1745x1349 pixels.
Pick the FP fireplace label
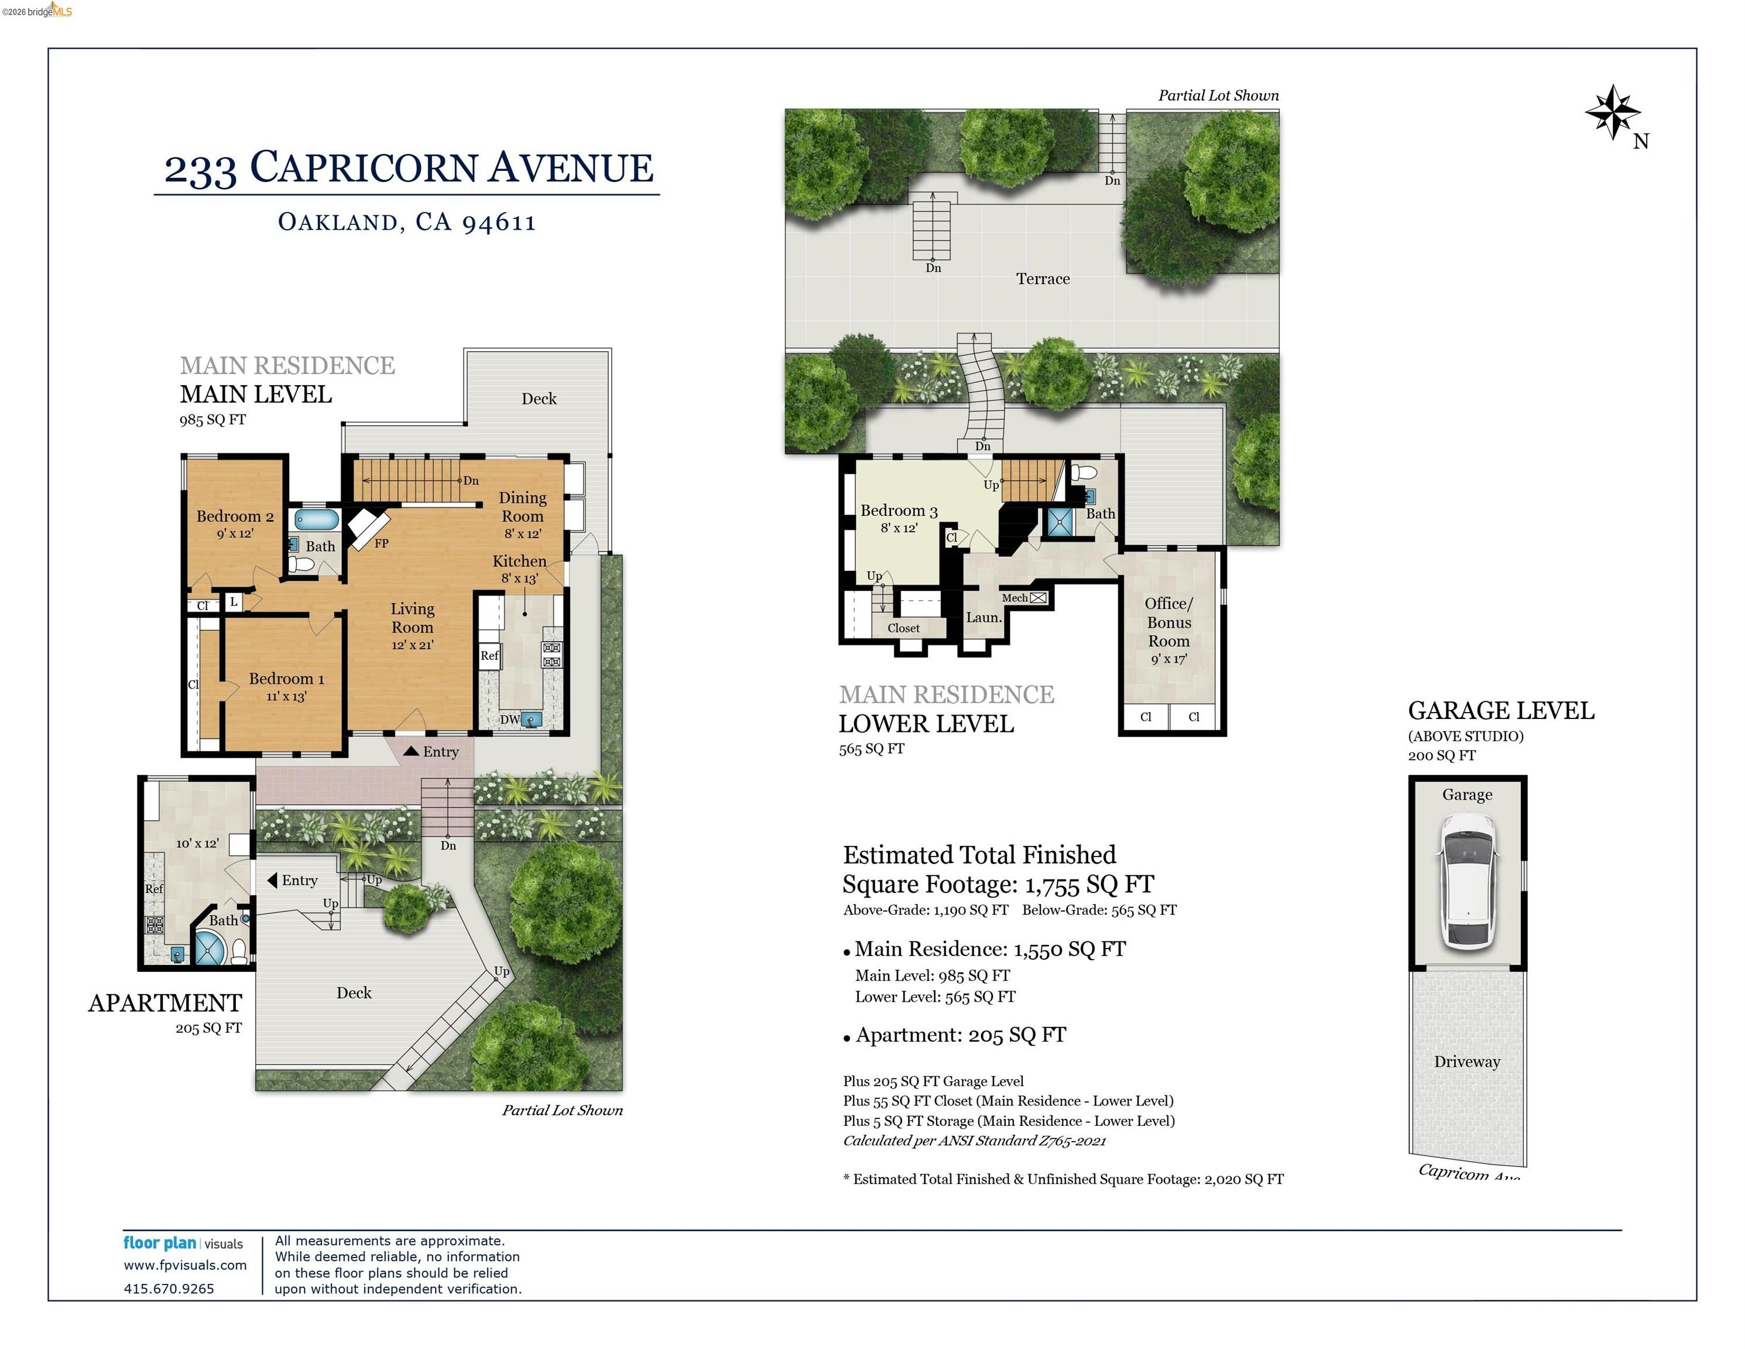[x=381, y=543]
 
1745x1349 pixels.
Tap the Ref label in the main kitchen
[x=489, y=655]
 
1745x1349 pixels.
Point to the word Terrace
[x=1043, y=279]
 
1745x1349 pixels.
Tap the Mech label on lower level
[x=1014, y=598]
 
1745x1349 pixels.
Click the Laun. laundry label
[x=983, y=617]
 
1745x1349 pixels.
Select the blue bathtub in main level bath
[x=317, y=519]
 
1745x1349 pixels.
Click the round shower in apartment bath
[x=210, y=948]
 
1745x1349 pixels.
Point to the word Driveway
[x=1467, y=1062]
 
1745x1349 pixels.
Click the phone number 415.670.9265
[x=169, y=1288]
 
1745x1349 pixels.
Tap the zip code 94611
[x=499, y=221]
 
